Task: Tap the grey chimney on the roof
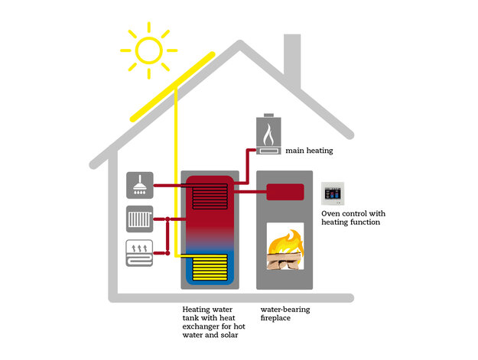click(292, 60)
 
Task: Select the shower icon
click(140, 185)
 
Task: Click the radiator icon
click(140, 219)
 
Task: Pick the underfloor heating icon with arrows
click(139, 253)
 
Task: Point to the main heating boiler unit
click(268, 135)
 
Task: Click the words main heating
click(309, 151)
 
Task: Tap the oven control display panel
click(333, 193)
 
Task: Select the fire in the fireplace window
click(285, 249)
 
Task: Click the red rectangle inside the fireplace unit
click(285, 192)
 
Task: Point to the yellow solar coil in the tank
click(210, 267)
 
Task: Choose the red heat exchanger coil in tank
click(210, 196)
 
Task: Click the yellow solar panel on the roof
click(173, 87)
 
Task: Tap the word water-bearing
click(285, 310)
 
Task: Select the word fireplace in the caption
click(275, 318)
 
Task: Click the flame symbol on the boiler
click(268, 135)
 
